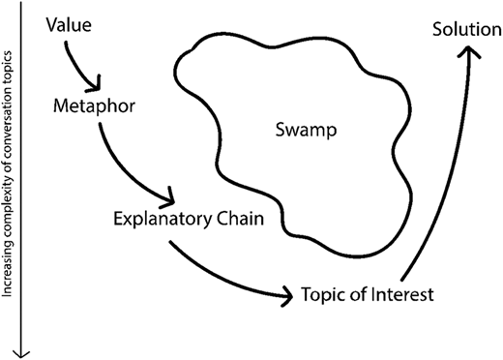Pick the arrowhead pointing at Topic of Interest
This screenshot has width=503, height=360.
(283, 295)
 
